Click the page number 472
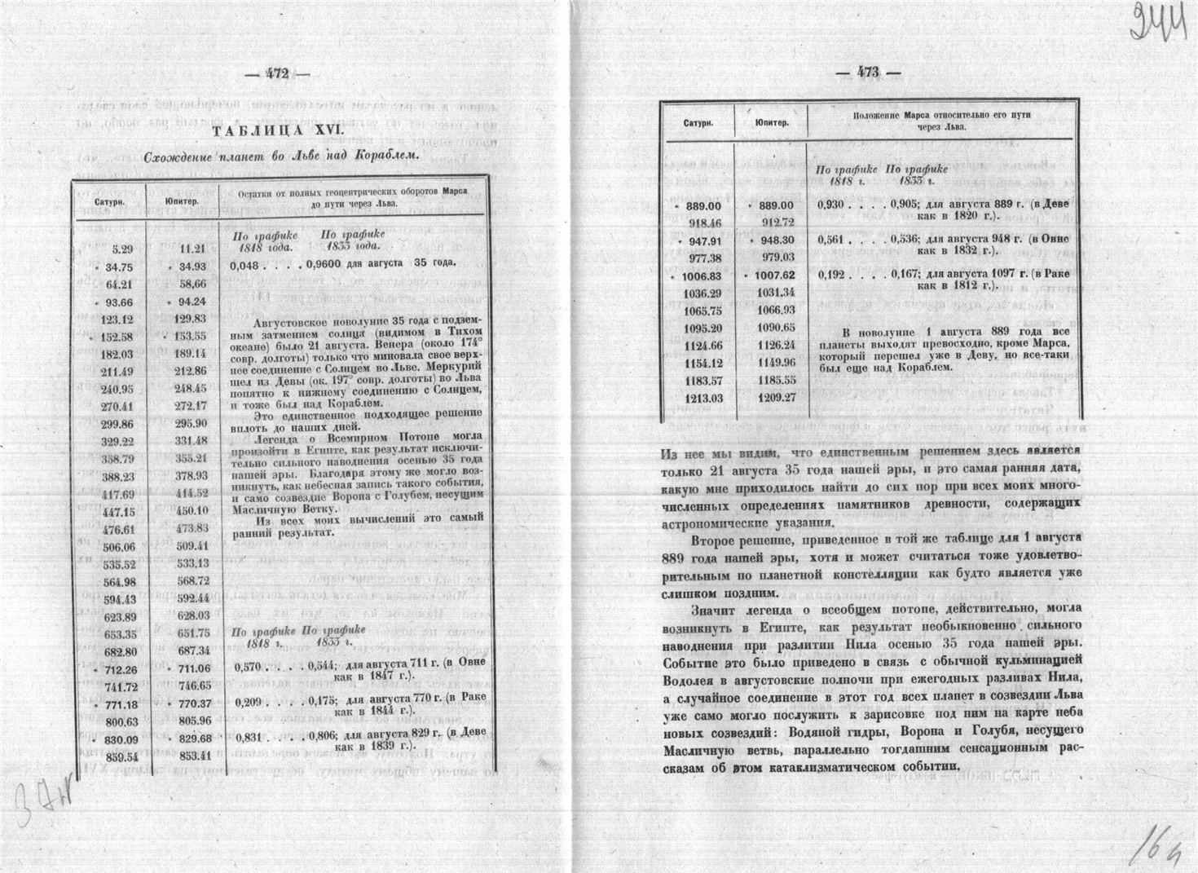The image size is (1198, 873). tap(279, 73)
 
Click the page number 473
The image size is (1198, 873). tap(868, 73)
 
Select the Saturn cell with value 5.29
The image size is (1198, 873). tap(121, 249)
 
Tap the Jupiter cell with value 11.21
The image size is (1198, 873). tap(192, 249)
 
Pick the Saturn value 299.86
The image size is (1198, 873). tap(117, 424)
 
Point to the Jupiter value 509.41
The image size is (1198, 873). tap(192, 545)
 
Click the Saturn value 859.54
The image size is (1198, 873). tap(117, 756)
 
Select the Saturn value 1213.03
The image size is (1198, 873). tap(705, 398)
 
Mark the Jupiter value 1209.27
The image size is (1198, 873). tap(777, 398)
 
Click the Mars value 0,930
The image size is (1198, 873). tap(833, 205)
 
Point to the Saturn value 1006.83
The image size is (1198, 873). tap(705, 276)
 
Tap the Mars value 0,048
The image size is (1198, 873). tap(244, 265)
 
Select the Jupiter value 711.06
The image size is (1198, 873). tap(192, 669)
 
